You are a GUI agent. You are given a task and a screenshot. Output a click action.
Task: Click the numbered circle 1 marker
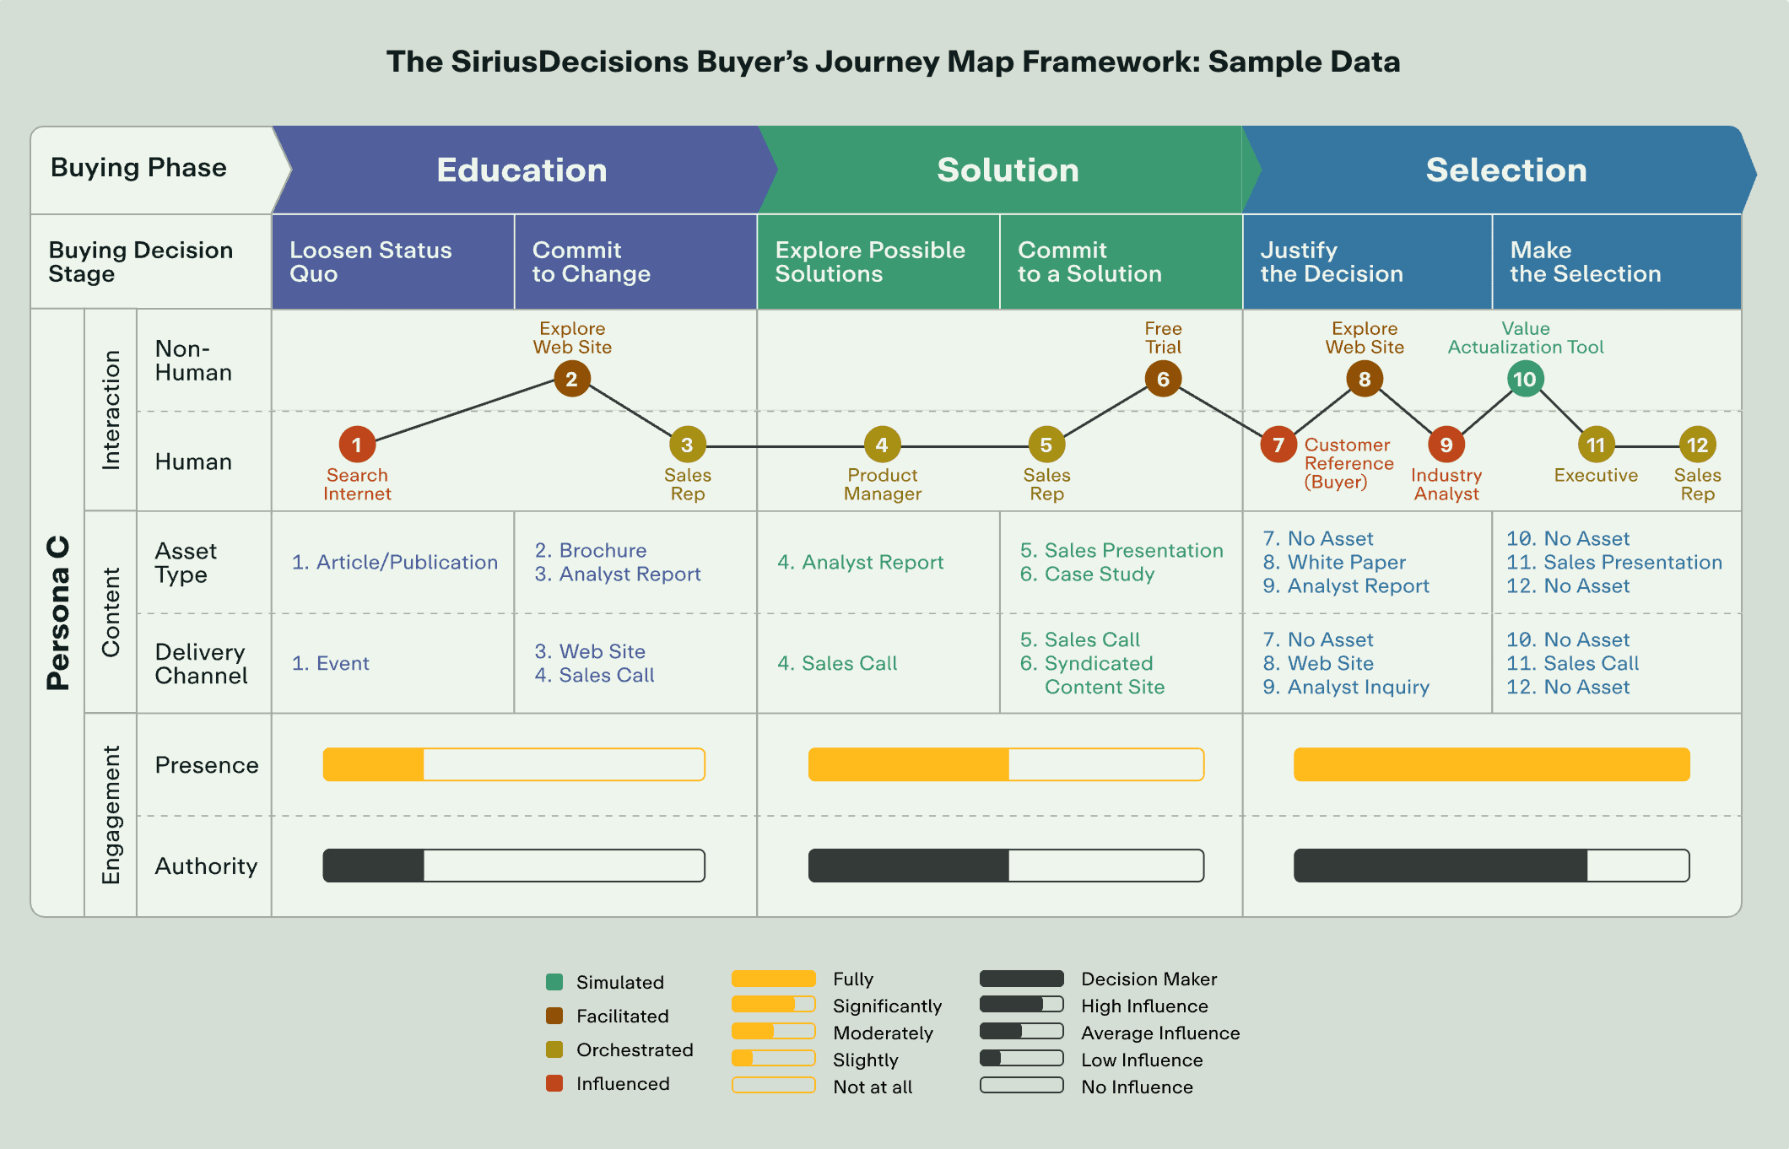(x=357, y=445)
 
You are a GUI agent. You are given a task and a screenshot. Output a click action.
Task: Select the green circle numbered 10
(x=1525, y=379)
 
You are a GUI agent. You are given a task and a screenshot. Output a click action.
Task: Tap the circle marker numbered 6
(x=1163, y=379)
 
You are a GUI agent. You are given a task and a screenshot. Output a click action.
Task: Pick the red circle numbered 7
(x=1278, y=445)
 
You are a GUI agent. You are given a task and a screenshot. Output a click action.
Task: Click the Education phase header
(x=522, y=170)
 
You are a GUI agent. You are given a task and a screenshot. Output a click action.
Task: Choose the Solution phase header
(x=1008, y=170)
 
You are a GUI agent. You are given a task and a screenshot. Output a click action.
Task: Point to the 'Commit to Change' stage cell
(x=635, y=262)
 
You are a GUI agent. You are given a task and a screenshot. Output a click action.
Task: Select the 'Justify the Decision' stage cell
(x=1366, y=262)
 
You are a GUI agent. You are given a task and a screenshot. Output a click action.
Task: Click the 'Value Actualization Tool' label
(x=1526, y=337)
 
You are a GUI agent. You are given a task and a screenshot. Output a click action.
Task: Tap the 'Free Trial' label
(x=1163, y=337)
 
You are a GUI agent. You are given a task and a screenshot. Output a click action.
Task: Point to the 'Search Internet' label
(x=357, y=484)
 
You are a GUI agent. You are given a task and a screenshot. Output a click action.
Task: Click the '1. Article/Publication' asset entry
(x=394, y=562)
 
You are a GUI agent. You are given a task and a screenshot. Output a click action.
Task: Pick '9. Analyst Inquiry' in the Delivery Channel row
(x=1346, y=688)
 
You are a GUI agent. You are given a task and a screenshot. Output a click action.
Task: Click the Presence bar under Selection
(x=1491, y=764)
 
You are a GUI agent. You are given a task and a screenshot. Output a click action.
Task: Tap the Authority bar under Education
(x=513, y=866)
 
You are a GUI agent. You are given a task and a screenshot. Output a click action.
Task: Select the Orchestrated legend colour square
(x=554, y=1049)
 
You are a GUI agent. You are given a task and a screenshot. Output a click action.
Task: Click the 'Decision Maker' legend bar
(x=1021, y=979)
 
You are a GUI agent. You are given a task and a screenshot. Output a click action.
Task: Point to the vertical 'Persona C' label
(x=57, y=612)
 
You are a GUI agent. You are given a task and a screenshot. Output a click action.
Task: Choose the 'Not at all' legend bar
(x=773, y=1086)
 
